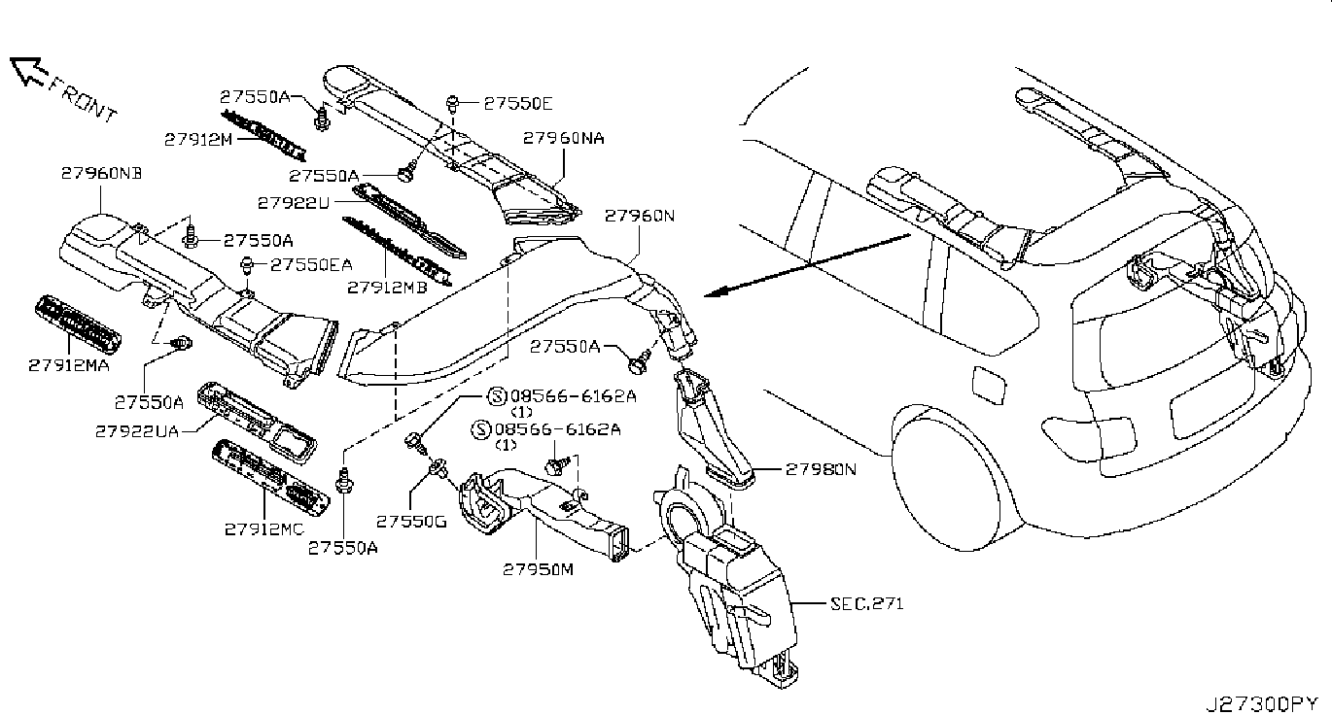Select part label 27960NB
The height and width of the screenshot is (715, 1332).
click(102, 174)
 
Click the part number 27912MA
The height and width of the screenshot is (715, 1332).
click(69, 365)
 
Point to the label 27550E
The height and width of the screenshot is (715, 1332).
click(518, 104)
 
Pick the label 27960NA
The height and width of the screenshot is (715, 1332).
click(564, 139)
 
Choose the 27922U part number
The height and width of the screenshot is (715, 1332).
click(293, 203)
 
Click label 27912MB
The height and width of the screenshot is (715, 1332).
click(387, 288)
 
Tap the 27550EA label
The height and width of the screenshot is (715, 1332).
click(311, 264)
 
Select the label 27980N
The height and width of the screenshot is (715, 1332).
click(822, 469)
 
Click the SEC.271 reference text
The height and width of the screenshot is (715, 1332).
click(867, 604)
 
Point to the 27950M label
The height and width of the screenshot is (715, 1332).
click(539, 569)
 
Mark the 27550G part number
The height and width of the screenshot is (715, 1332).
click(411, 522)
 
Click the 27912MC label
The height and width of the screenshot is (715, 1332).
click(264, 529)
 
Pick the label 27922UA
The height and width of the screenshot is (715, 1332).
click(137, 431)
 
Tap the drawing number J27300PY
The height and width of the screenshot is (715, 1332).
click(1262, 704)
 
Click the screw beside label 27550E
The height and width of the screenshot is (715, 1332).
click(452, 105)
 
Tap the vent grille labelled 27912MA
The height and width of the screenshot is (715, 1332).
click(78, 325)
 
